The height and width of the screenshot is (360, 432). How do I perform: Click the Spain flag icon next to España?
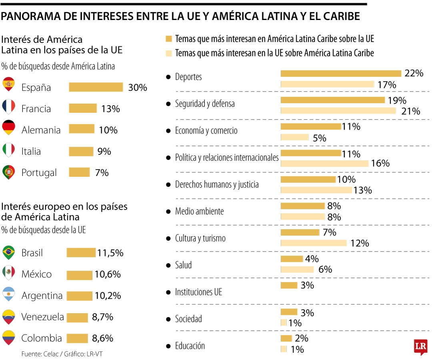tap(8, 84)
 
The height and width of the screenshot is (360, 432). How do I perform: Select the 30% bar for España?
tap(96, 87)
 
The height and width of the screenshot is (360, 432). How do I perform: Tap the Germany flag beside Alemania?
tap(8, 127)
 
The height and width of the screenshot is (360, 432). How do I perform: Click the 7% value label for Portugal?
tap(102, 173)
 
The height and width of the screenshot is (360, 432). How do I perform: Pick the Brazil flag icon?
tap(8, 252)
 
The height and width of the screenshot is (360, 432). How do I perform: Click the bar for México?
tap(79, 275)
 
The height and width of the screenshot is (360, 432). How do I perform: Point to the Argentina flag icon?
tap(8, 295)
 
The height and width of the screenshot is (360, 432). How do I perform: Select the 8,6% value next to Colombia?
tap(102, 338)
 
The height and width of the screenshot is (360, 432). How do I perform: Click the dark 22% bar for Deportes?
tap(341, 74)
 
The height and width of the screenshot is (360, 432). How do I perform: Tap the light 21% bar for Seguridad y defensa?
tap(338, 111)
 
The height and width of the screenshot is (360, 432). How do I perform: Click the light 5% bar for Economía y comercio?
tap(294, 138)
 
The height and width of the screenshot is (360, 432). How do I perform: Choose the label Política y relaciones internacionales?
tap(226, 158)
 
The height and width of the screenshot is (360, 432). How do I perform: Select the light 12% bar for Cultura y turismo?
tap(314, 243)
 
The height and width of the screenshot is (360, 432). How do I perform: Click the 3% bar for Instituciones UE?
tap(289, 285)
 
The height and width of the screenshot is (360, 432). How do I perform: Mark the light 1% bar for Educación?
tap(284, 349)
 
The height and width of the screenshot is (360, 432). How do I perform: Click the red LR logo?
tap(420, 347)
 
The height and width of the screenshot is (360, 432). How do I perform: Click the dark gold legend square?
tap(168, 39)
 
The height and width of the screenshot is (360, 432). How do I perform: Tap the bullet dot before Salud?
tap(168, 265)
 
